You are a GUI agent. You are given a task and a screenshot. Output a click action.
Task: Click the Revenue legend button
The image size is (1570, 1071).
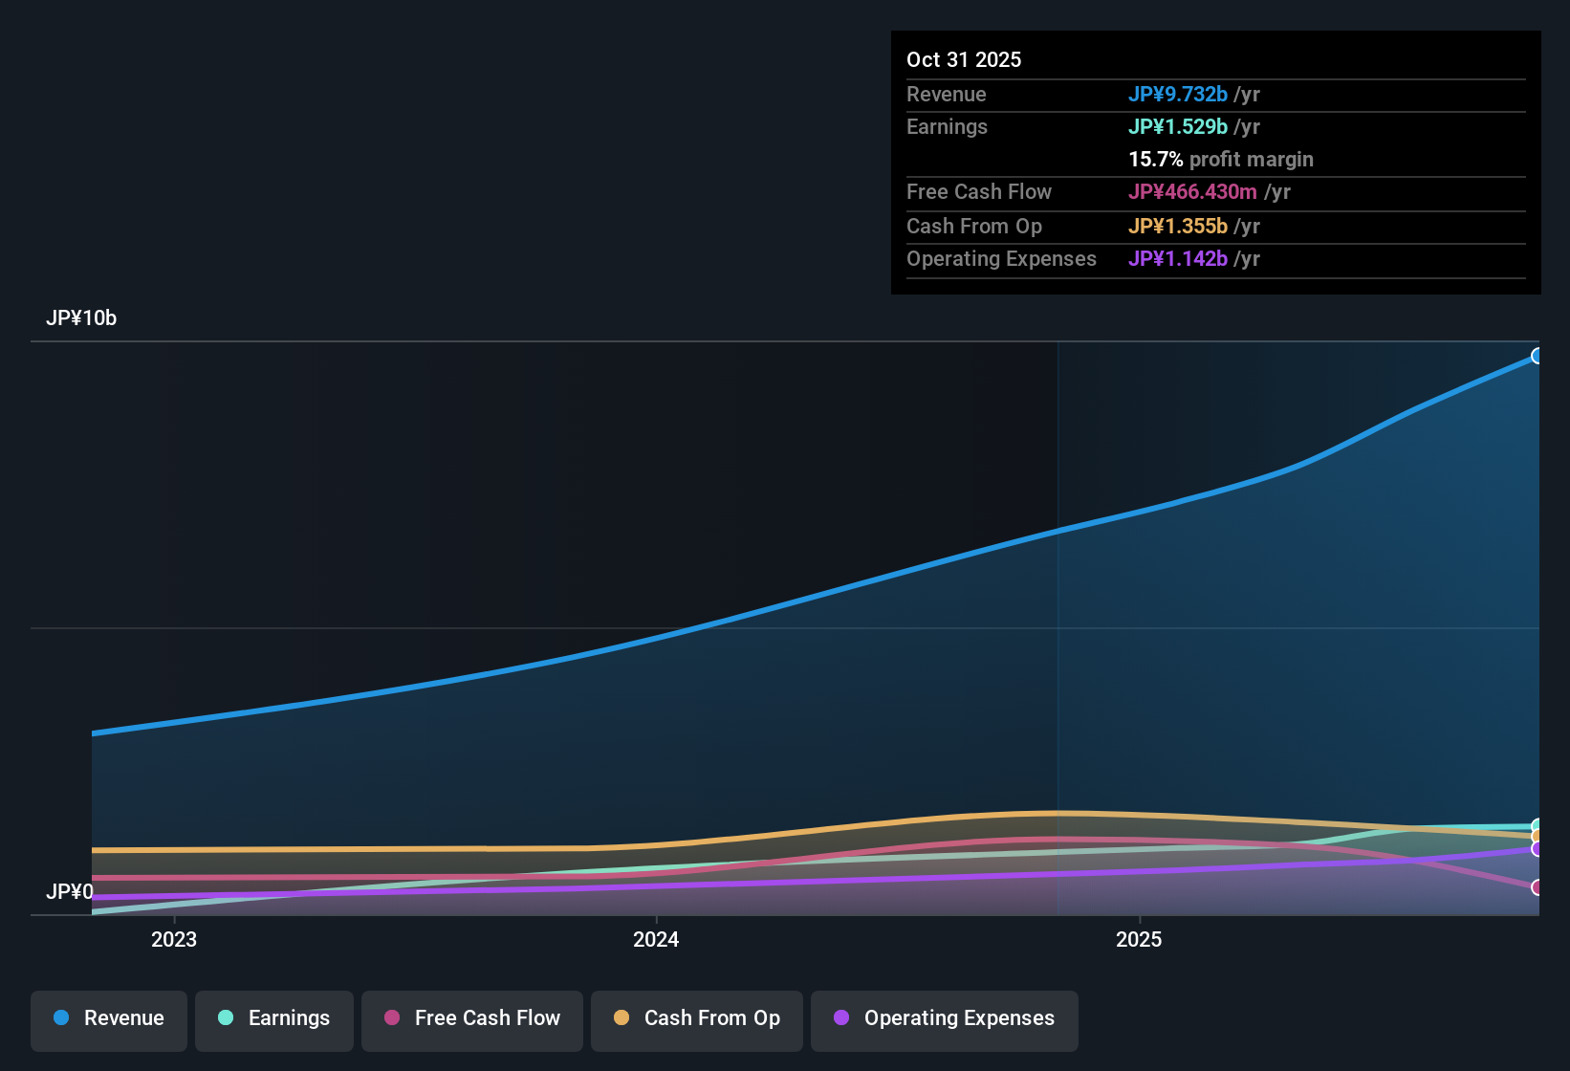click(x=109, y=1019)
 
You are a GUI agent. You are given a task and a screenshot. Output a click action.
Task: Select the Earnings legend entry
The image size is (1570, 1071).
click(x=274, y=1019)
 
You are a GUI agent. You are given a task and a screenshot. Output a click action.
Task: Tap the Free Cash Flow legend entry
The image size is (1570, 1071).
click(x=472, y=1019)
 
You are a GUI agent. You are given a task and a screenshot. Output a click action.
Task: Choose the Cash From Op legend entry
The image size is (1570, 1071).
click(x=697, y=1019)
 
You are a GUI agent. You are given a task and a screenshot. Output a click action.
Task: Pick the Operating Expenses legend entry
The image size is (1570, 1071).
click(x=945, y=1019)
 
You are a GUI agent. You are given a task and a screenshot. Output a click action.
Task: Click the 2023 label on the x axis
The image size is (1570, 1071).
click(x=174, y=939)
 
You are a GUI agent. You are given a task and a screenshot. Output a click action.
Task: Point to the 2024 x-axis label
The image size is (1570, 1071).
click(x=656, y=939)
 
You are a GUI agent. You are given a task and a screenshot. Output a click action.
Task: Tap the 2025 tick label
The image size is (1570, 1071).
click(x=1139, y=939)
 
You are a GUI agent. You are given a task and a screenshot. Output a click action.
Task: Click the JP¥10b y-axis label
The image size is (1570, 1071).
click(x=81, y=318)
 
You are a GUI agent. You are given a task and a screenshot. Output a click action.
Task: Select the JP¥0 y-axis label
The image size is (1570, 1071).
click(x=70, y=892)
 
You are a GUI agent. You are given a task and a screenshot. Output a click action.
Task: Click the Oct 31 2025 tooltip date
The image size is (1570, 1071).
click(x=964, y=59)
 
